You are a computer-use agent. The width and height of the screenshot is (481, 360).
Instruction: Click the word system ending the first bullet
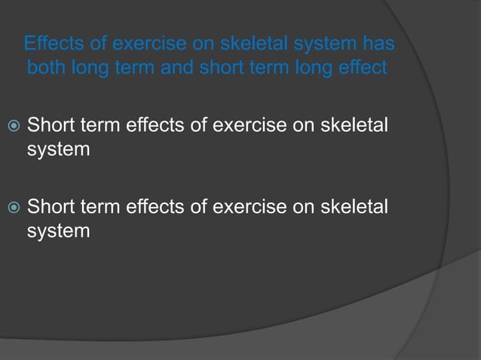[58, 149]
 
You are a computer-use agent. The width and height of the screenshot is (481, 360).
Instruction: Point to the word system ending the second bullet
[58, 230]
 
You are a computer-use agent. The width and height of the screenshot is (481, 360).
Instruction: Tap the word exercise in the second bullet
[250, 205]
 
